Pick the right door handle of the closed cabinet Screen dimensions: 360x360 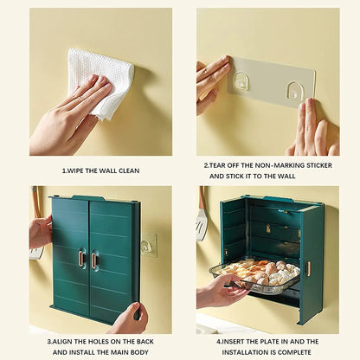tap(93, 260)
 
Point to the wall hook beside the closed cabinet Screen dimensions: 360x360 tap(148, 245)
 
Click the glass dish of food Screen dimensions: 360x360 tap(254, 276)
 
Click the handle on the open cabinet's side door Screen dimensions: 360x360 tap(308, 268)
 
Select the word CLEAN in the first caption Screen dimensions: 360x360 tap(129, 170)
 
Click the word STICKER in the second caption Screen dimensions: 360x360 tap(319, 165)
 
